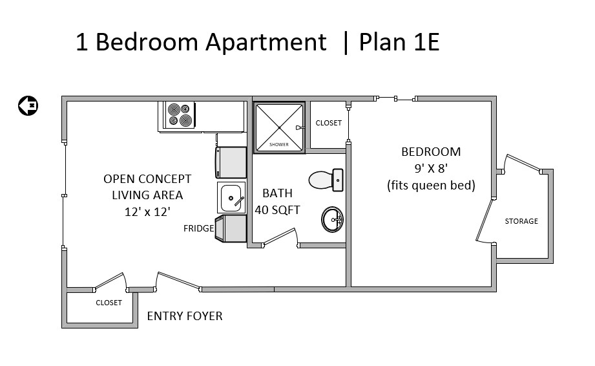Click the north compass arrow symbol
tap(28, 105)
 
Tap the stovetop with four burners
tap(179, 115)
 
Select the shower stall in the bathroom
tap(279, 127)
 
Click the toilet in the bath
tap(326, 180)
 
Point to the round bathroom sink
tap(333, 219)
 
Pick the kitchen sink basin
tap(231, 198)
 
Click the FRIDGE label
tap(198, 228)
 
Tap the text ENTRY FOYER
tap(185, 316)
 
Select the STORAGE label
tap(521, 221)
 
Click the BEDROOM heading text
tap(431, 152)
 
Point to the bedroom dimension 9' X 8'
tap(431, 168)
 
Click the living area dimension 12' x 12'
tap(147, 211)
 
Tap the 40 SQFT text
tap(277, 210)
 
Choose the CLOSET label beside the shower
tap(329, 123)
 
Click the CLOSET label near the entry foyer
tap(109, 303)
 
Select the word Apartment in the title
tap(266, 43)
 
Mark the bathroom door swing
tap(281, 237)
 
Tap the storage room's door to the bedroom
tap(485, 221)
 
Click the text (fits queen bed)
tap(431, 186)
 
